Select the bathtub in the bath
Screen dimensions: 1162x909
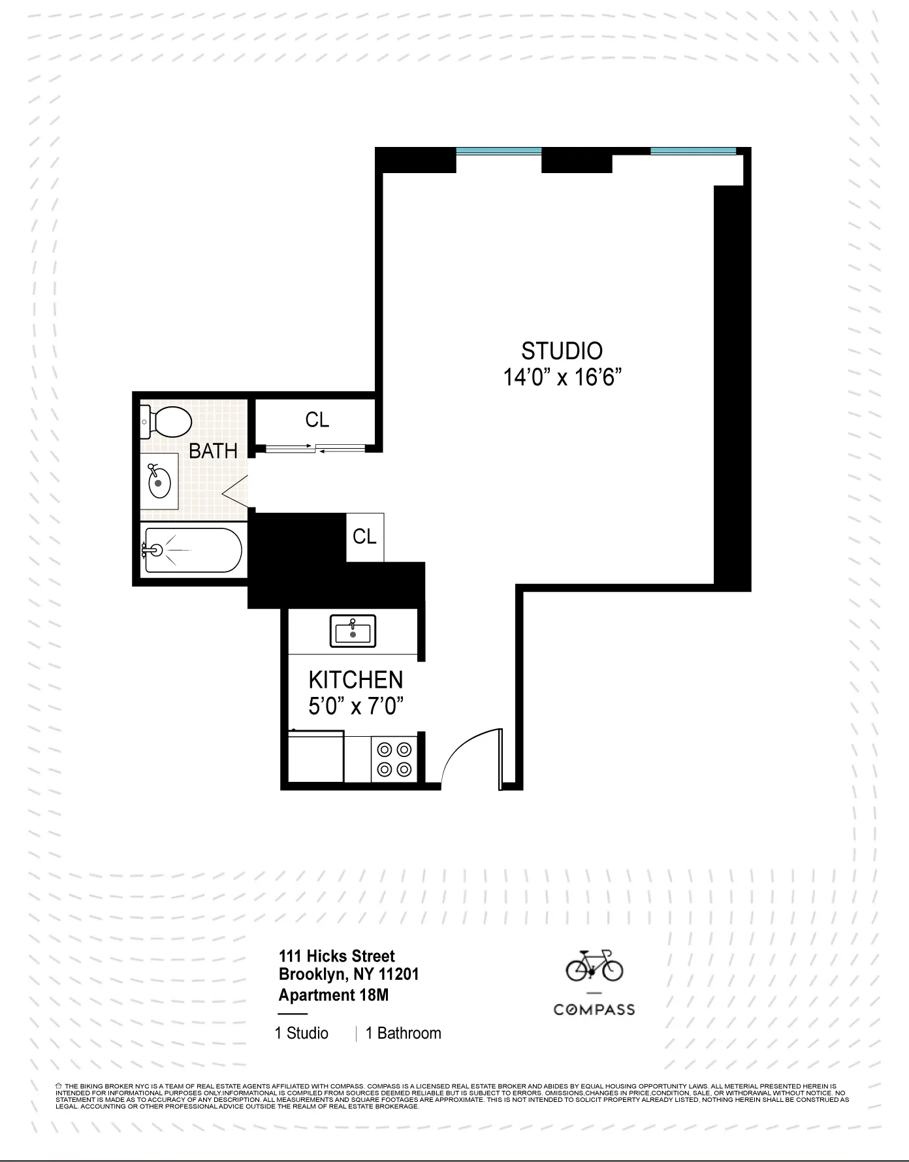(x=193, y=551)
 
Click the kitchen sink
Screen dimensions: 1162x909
(x=353, y=631)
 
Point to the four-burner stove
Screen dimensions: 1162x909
(x=394, y=759)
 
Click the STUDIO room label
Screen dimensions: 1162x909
(x=562, y=351)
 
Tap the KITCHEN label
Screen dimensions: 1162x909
(x=356, y=680)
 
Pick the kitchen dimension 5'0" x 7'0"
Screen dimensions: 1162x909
(x=356, y=707)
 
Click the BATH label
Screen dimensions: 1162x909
(x=213, y=451)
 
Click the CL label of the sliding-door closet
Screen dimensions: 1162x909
(x=317, y=420)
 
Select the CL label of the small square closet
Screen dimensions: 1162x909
(x=364, y=536)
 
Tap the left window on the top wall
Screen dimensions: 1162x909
(x=499, y=152)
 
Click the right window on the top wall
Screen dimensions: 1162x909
(x=693, y=152)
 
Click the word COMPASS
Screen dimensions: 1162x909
(x=594, y=1010)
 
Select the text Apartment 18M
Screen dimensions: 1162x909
(x=333, y=995)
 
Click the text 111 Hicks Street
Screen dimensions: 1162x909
(x=337, y=956)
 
